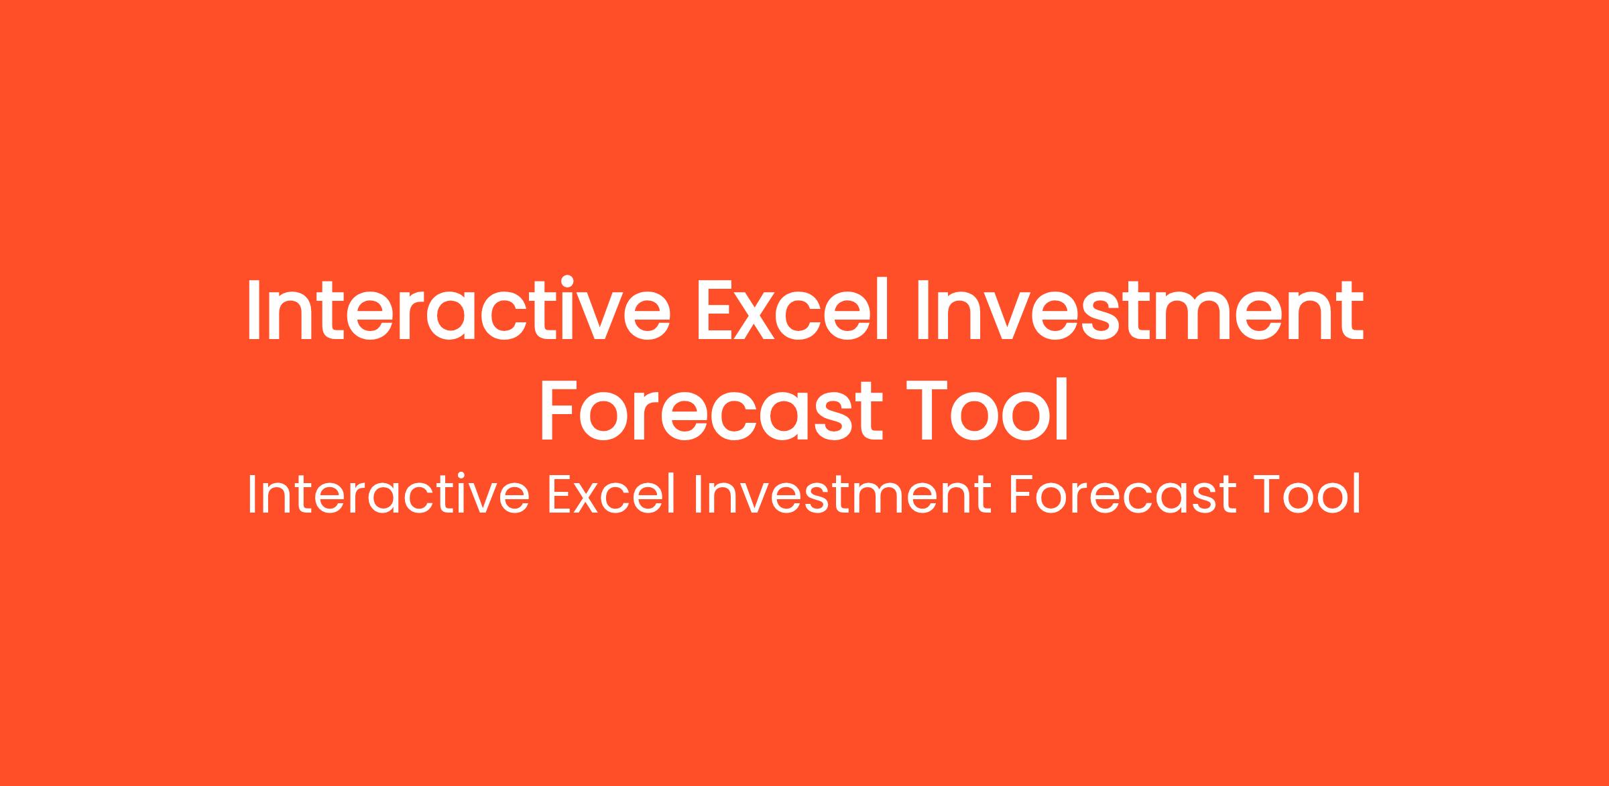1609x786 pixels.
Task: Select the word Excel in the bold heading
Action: (793, 310)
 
